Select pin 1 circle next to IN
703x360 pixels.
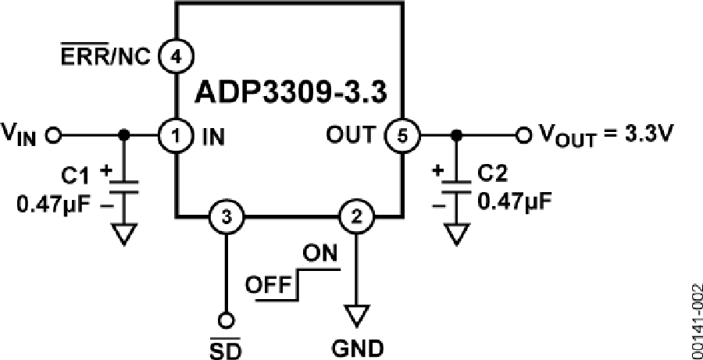point(176,136)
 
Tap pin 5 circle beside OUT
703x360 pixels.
point(402,136)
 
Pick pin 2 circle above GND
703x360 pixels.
point(357,217)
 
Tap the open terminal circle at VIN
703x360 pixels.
point(54,136)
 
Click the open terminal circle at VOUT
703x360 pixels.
point(523,136)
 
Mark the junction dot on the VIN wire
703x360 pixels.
point(122,136)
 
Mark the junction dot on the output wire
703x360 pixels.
point(457,136)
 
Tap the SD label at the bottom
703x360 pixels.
point(225,344)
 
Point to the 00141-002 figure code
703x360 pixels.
point(694,319)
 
